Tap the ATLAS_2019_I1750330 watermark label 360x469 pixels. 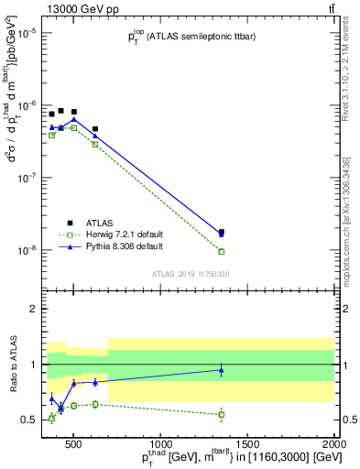[190, 274]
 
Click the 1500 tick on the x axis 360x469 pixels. [248, 445]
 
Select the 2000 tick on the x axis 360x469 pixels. [333, 445]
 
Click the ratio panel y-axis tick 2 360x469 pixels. [34, 310]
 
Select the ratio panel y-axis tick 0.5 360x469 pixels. [30, 420]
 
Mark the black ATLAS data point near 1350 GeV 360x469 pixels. [222, 232]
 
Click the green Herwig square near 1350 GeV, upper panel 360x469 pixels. [222, 251]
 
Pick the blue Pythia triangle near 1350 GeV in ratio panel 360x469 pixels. [222, 370]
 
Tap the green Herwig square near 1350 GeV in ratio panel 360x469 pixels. [222, 414]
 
